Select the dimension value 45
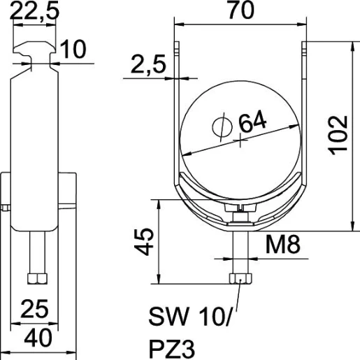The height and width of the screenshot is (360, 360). point(144,242)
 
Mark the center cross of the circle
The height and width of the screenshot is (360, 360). point(241,140)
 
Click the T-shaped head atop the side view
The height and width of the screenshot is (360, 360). point(34,55)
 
